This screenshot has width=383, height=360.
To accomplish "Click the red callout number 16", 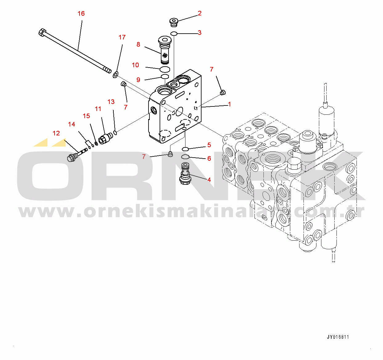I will point(81,14).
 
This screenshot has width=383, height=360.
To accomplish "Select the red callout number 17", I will point(122,37).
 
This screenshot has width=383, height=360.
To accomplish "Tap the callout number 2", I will point(200,13).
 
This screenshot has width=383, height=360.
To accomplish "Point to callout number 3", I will point(200,33).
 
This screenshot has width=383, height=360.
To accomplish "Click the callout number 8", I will point(138,44).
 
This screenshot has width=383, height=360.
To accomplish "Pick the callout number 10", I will point(136,65).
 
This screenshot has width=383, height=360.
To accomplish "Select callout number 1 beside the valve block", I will point(229,105).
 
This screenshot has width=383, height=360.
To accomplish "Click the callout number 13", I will point(111,102).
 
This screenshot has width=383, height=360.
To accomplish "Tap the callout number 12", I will point(56,133).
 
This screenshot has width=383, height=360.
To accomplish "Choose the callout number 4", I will point(209,180).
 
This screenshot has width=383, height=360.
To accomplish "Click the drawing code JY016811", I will point(338,337).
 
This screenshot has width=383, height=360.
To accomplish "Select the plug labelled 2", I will point(174,22).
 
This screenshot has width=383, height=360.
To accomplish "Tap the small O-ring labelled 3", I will point(174,33).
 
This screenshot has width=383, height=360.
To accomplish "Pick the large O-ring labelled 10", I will point(165,69).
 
